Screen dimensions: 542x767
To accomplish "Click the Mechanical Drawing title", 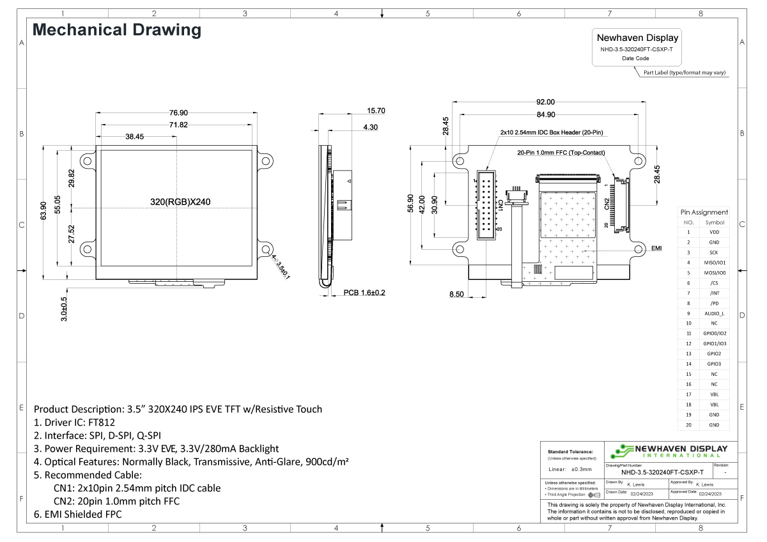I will (117, 30).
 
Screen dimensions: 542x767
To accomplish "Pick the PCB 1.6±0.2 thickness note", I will (364, 293).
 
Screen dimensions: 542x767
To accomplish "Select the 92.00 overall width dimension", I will (545, 102).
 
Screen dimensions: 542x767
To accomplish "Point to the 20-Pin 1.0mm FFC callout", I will (561, 153).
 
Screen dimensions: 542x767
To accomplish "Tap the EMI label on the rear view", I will (656, 248).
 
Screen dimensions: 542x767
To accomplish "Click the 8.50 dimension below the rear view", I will (456, 293).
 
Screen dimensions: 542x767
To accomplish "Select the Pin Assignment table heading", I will (704, 212).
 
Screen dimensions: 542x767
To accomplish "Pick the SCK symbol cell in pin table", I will (714, 252).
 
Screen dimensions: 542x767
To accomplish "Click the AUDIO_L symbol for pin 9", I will (714, 313).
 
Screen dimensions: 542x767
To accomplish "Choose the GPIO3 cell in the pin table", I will (714, 364).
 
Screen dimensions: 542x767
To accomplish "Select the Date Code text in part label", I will (635, 58).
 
